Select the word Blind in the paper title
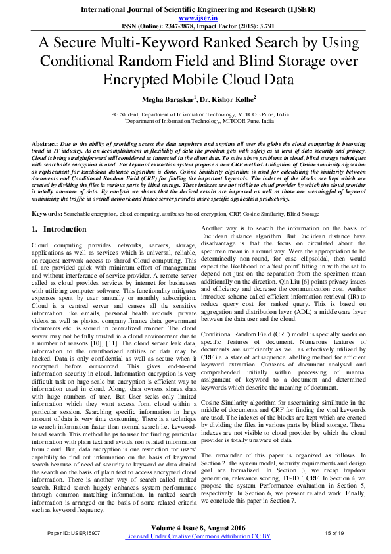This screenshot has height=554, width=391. click(285, 61)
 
